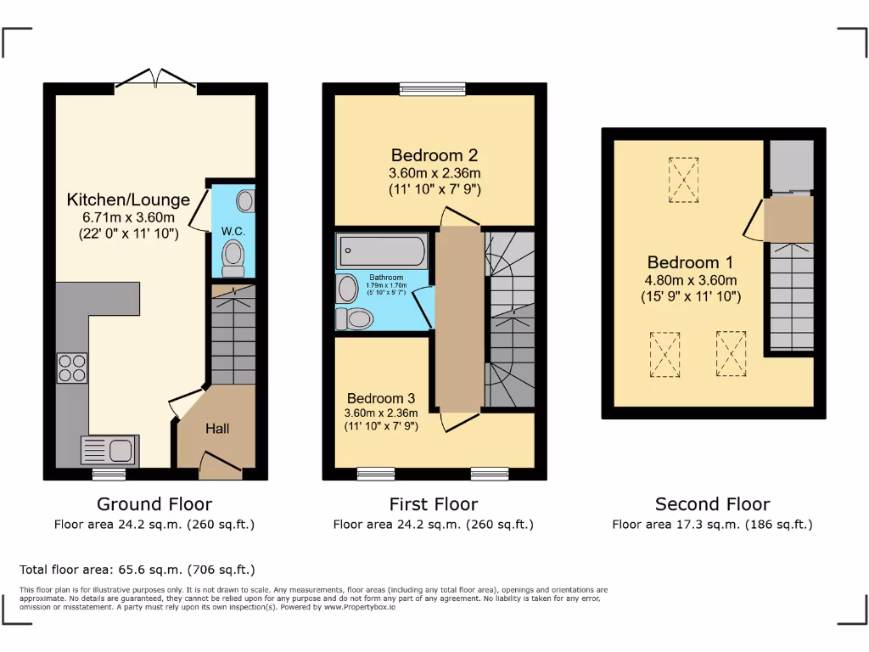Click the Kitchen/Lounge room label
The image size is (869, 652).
128,200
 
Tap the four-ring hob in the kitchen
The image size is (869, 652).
72,368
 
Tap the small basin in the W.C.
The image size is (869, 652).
244,201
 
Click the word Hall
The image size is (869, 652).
217,429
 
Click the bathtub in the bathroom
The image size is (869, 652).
382,251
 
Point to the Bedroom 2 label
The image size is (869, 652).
434,155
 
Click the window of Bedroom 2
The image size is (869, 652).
433,87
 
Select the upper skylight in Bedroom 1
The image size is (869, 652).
683,180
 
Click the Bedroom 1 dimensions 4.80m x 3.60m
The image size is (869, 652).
692,280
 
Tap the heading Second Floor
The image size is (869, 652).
712,504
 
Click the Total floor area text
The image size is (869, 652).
137,570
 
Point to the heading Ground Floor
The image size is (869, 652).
154,504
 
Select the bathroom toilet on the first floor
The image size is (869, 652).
356,318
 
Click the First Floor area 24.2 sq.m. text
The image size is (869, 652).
433,525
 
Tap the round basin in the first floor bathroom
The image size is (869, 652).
348,289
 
